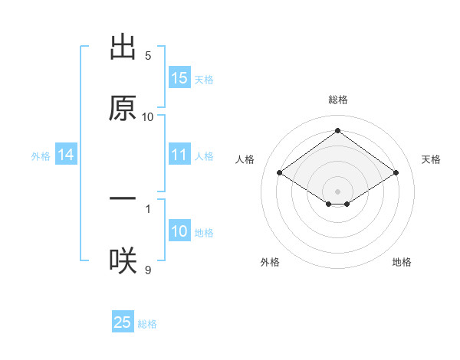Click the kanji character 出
123,47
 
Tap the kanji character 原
123,108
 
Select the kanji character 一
123,198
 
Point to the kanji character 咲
123,261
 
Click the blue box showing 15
179,77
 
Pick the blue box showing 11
179,155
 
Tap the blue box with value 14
66,155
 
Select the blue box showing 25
123,322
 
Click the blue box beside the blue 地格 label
179,231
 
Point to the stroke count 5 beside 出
148,56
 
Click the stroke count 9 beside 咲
148,270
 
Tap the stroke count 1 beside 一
148,208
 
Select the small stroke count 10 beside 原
148,117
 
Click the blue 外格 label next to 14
41,156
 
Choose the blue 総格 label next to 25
147,324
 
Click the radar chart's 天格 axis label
432,159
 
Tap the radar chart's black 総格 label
338,100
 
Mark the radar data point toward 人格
280,173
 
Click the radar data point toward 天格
396,173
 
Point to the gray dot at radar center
338,191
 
